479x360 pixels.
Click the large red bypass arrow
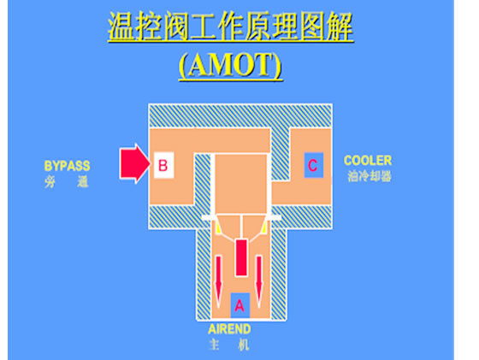click(x=134, y=163)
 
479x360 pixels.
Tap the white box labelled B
click(x=163, y=165)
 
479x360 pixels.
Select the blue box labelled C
click(x=313, y=165)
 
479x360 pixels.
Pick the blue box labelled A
click(x=240, y=305)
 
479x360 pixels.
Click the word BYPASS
click(x=68, y=166)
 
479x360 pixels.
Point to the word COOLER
click(x=368, y=161)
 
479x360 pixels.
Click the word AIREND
click(x=229, y=329)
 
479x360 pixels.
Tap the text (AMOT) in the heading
click(x=230, y=65)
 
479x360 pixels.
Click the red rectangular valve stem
click(x=241, y=257)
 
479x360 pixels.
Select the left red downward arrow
click(x=219, y=281)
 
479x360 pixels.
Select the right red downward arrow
click(x=259, y=281)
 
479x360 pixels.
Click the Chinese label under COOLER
click(x=370, y=176)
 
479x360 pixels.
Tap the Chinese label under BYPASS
click(x=67, y=182)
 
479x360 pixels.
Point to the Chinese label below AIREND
click(x=229, y=345)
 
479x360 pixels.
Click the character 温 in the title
click(x=121, y=27)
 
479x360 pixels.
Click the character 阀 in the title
click(x=176, y=27)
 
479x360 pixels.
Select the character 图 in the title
click(x=312, y=27)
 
